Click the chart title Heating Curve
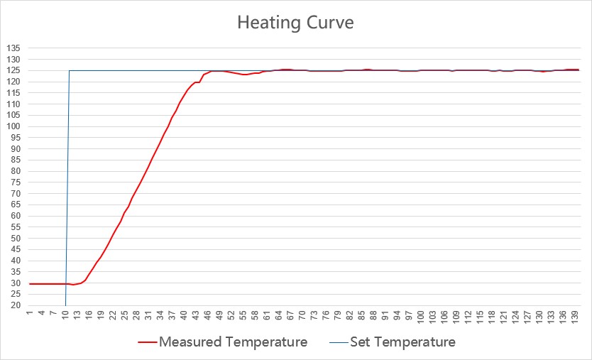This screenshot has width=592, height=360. (x=295, y=23)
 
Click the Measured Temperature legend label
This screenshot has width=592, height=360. (x=233, y=342)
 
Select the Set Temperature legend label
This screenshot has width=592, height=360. (x=402, y=342)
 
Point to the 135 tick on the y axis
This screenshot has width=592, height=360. (x=13, y=48)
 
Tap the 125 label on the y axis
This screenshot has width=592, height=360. (x=13, y=70)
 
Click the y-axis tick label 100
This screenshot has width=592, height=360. (x=13, y=126)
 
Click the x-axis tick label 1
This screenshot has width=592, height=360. (x=30, y=313)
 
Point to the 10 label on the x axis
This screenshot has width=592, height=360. (x=65, y=315)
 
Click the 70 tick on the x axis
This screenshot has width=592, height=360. (x=302, y=315)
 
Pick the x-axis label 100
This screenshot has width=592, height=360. (x=420, y=316)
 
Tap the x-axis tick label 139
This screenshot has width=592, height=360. (x=574, y=316)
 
